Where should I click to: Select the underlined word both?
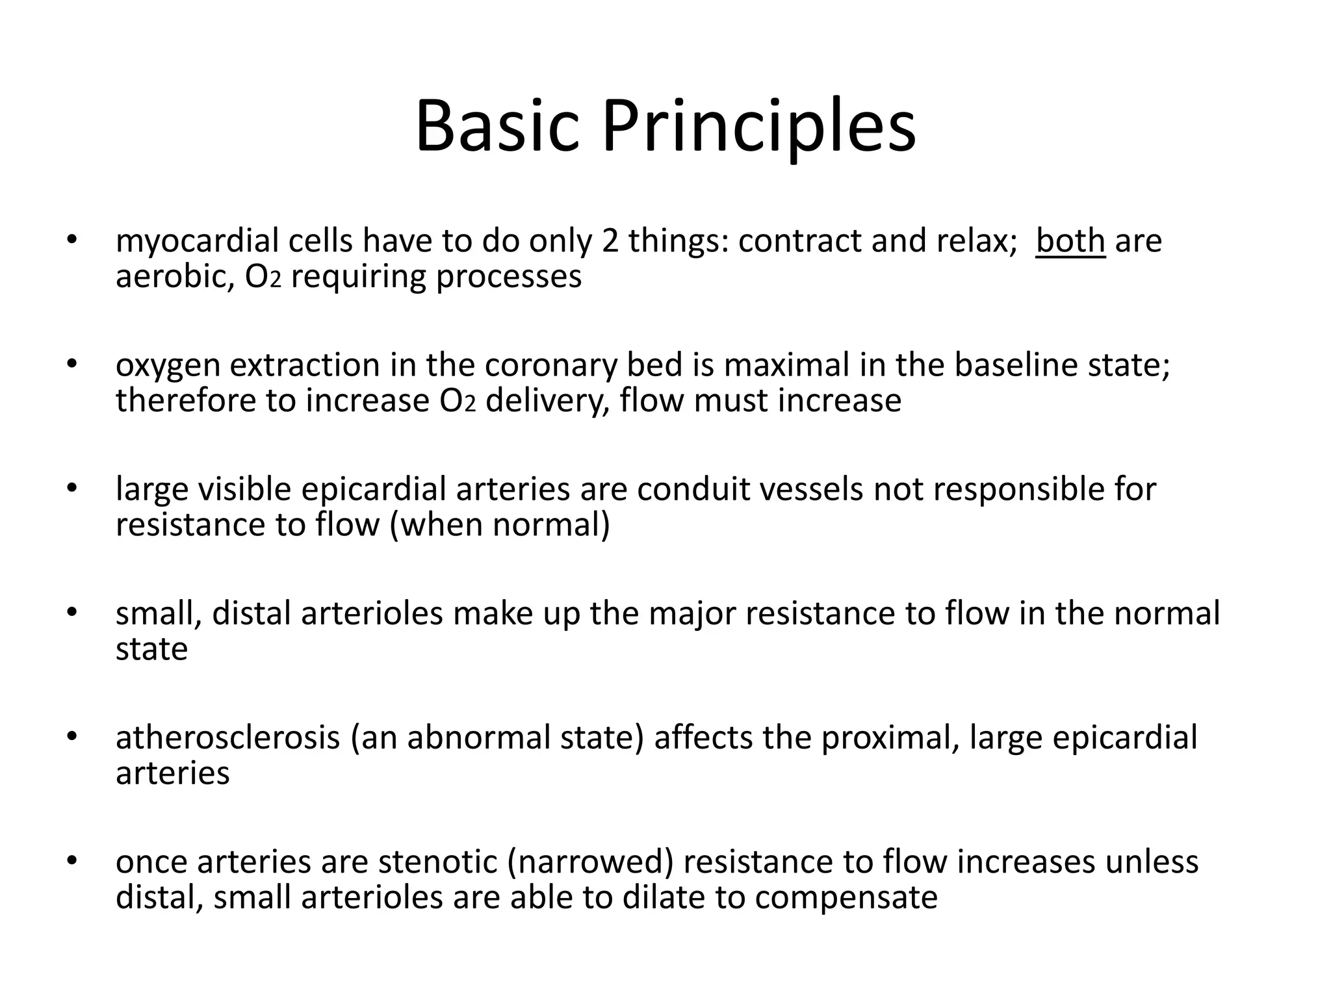pyautogui.click(x=1070, y=241)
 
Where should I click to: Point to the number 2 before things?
pyautogui.click(x=610, y=241)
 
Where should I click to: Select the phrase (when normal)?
pyautogui.click(x=500, y=525)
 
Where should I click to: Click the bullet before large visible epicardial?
pyautogui.click(x=71, y=487)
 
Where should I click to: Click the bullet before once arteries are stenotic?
pyautogui.click(x=71, y=861)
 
